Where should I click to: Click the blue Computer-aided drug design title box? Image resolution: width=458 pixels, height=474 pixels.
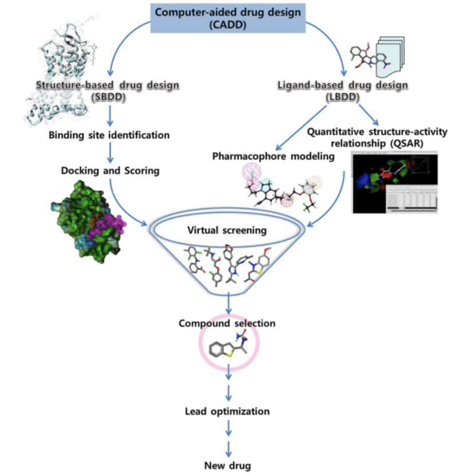[x=228, y=18]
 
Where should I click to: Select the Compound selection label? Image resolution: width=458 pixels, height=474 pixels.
[x=229, y=323]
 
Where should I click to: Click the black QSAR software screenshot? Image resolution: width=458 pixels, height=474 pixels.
[x=394, y=183]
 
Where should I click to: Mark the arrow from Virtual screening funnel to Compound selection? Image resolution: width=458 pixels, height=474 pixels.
[x=229, y=302]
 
